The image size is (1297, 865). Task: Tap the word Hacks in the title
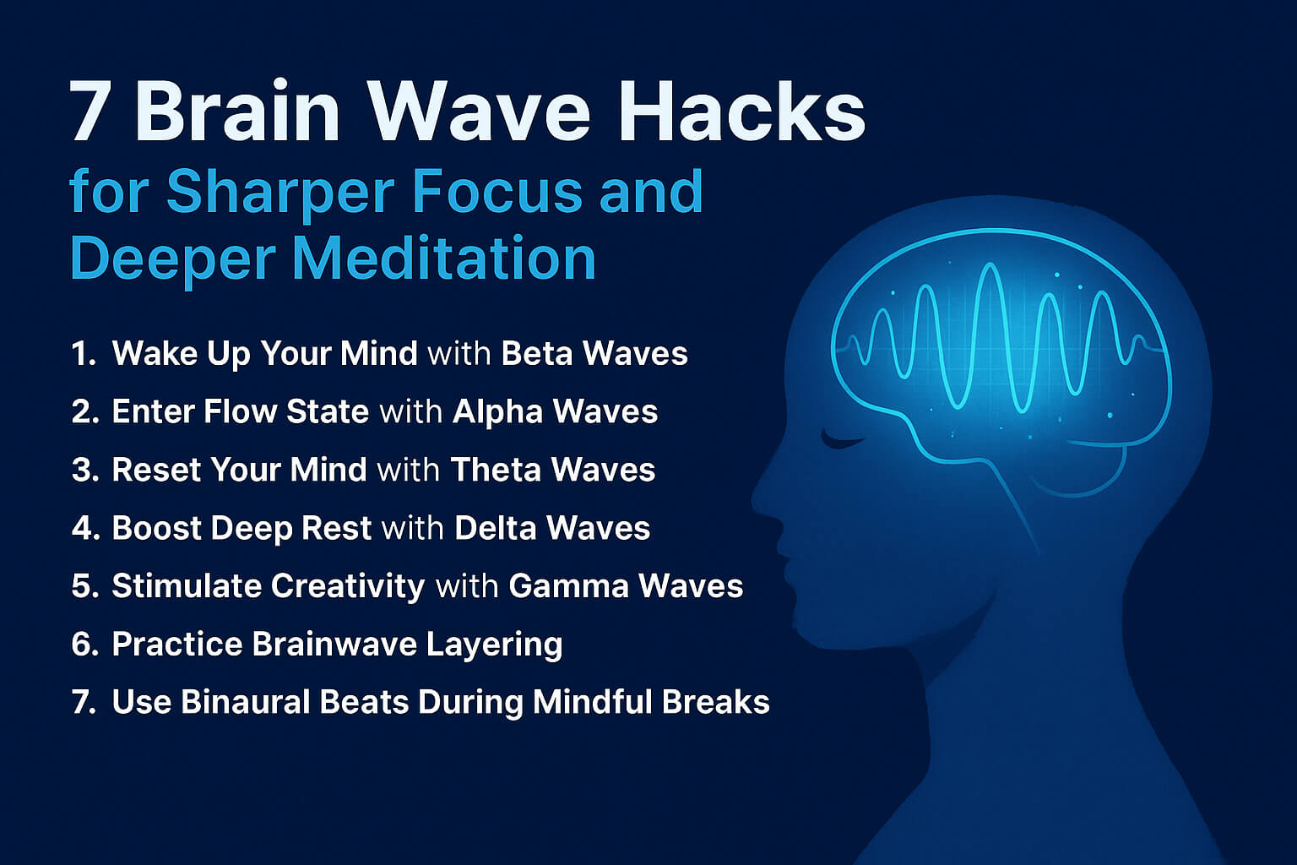pyautogui.click(x=741, y=112)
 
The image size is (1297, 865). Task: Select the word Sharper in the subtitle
pyautogui.click(x=279, y=192)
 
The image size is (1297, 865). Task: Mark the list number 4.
pyautogui.click(x=84, y=528)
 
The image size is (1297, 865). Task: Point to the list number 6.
pyautogui.click(x=84, y=645)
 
